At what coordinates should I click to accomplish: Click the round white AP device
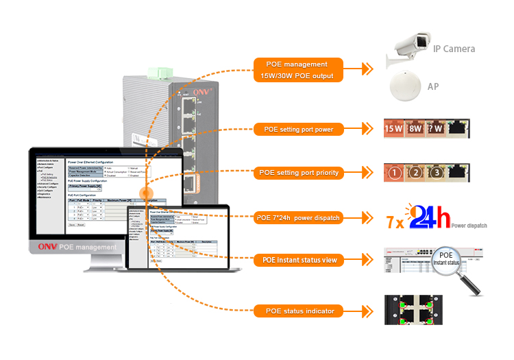point(406,87)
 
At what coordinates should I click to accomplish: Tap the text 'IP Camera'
point(454,49)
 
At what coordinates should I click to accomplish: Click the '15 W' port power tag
point(393,128)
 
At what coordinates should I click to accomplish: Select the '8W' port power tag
point(415,128)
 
